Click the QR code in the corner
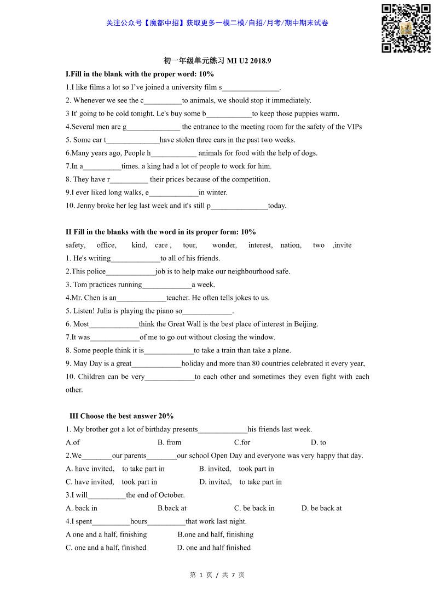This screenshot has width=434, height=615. (406, 29)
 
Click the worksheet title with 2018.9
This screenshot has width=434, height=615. (217, 61)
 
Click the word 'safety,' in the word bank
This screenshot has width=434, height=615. (76, 245)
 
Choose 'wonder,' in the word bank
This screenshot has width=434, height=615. (224, 245)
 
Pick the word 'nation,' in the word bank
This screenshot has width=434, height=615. (291, 245)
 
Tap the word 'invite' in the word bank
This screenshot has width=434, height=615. (343, 245)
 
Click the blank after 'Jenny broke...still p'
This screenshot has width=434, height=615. (239, 206)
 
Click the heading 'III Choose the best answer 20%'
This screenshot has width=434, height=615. (121, 416)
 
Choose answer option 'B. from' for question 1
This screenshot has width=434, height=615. (169, 442)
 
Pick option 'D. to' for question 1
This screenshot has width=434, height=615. (318, 442)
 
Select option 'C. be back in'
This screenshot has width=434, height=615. (254, 508)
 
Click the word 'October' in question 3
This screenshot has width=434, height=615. (170, 495)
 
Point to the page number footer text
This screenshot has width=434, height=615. (217, 575)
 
